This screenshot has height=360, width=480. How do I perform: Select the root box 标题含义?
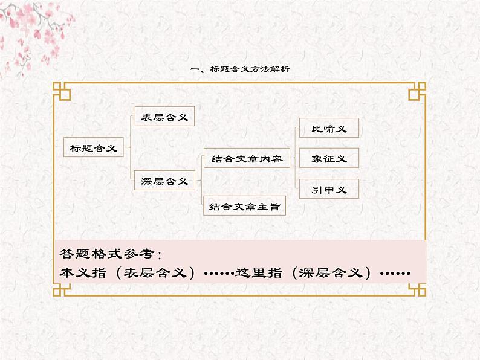pyautogui.click(x=94, y=147)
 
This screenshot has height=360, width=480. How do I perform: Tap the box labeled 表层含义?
pyautogui.click(x=164, y=117)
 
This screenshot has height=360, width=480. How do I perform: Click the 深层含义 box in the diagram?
pyautogui.click(x=164, y=181)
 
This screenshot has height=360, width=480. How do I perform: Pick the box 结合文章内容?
pyautogui.click(x=247, y=159)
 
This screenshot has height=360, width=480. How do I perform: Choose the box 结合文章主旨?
pyautogui.click(x=244, y=207)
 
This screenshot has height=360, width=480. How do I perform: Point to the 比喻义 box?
pyautogui.click(x=329, y=128)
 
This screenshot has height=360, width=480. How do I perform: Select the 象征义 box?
pyautogui.click(x=329, y=158)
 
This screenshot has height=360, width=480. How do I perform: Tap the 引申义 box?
pyautogui.click(x=329, y=189)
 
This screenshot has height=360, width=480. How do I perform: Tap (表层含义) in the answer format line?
pyautogui.click(x=155, y=272)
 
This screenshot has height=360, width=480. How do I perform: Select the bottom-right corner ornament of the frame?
pyautogui.click(x=417, y=291)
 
